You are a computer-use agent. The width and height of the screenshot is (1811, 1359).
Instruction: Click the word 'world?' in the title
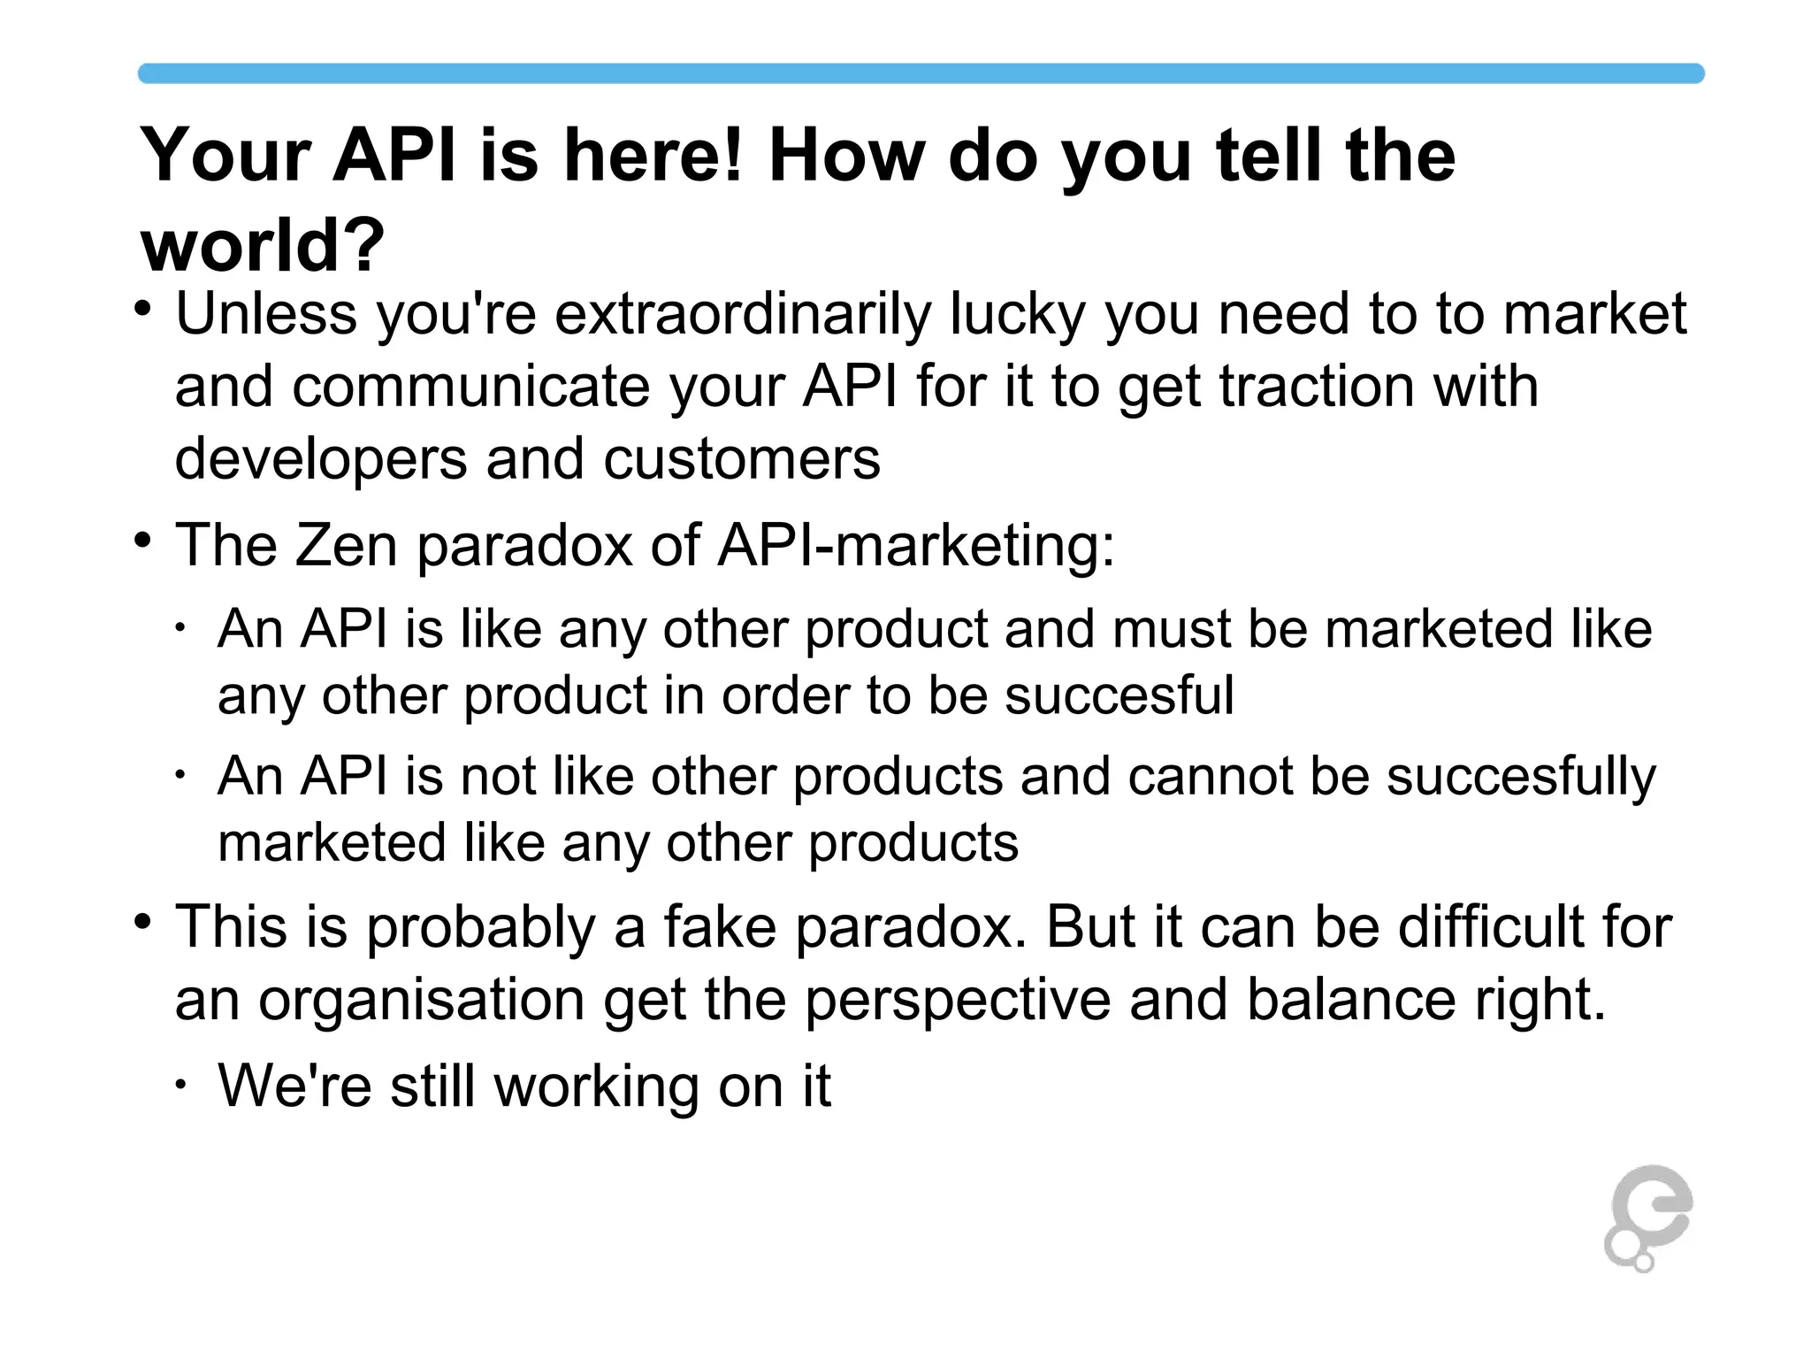[263, 245]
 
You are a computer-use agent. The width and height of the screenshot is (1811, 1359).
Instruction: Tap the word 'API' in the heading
[394, 156]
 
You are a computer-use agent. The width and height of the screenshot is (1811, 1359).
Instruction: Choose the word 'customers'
[742, 458]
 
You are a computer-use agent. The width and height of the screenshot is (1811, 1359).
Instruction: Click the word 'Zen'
[346, 545]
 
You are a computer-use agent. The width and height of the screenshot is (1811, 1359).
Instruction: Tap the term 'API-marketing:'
[916, 545]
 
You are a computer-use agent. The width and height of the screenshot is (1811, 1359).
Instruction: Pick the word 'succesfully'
[1520, 776]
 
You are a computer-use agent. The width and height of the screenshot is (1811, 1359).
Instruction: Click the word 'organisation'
[421, 1001]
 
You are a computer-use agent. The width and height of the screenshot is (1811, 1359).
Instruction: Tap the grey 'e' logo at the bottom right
[1647, 1217]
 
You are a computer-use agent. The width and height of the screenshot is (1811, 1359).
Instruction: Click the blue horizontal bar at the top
[920, 73]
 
